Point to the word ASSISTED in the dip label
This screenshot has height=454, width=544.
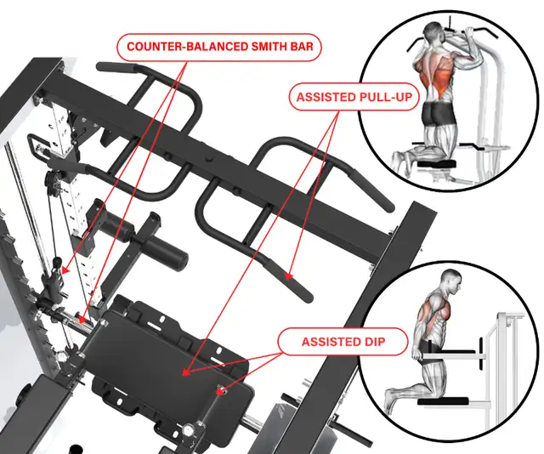pyautogui.click(x=331, y=343)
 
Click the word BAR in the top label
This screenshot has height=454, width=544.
pyautogui.click(x=300, y=48)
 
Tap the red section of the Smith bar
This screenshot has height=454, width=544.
pyautogui.click(x=81, y=318)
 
